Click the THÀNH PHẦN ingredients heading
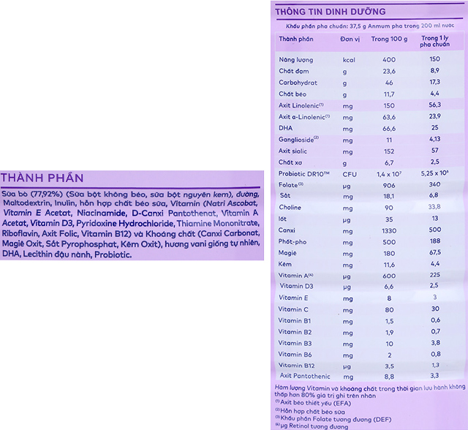[42, 178]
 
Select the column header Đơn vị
[352, 38]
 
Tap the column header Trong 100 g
[389, 38]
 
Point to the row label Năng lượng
[296, 59]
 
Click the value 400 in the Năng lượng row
[389, 59]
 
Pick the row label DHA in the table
[287, 127]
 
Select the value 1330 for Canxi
[389, 230]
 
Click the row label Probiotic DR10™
[306, 173]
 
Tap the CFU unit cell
[350, 173]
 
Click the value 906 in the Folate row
[389, 185]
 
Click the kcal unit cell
[349, 59]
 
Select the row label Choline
[292, 208]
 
